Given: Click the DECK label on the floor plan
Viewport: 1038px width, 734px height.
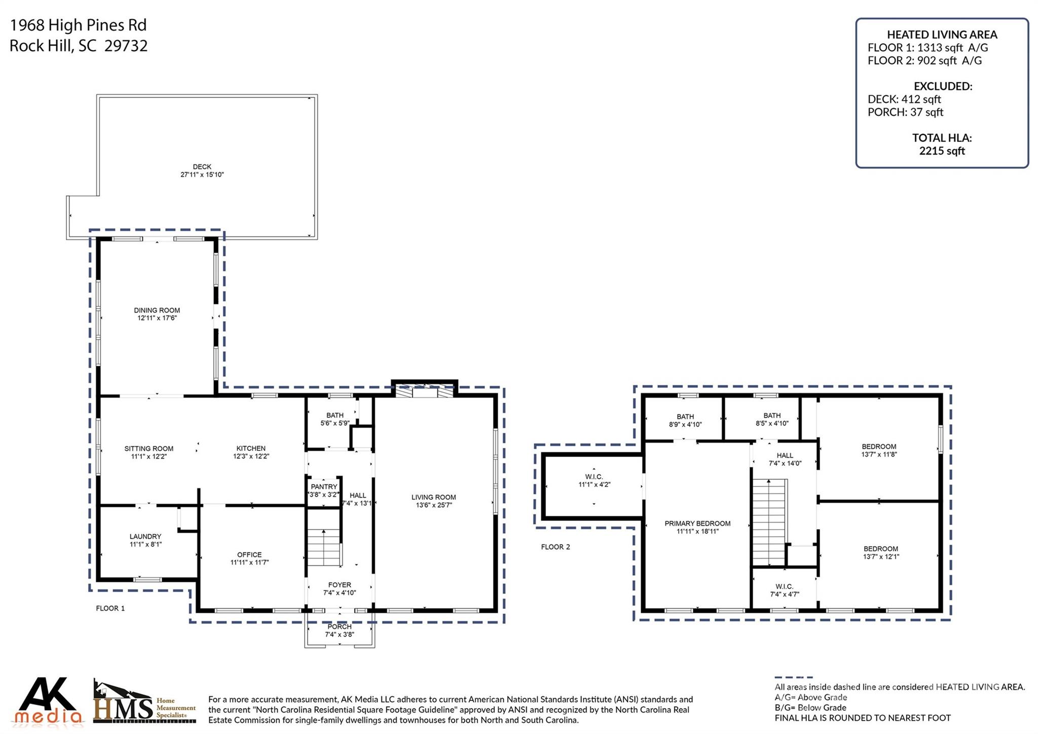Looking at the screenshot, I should pos(202,166).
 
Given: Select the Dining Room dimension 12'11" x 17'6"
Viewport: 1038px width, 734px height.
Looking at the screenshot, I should pos(157,318).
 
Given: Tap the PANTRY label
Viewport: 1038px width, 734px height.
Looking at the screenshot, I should pos(324,486).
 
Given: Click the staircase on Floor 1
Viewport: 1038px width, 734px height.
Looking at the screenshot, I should pos(324,547).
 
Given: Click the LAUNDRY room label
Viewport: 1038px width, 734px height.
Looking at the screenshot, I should pos(145,536).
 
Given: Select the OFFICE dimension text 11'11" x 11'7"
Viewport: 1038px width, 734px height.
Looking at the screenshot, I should pos(249,562).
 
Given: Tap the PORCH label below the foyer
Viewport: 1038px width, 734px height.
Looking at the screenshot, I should pos(339,626).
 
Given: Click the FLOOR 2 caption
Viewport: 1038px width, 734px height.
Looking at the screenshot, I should pos(555,547).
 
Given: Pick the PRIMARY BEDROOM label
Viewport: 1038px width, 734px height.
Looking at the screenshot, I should pos(697,523).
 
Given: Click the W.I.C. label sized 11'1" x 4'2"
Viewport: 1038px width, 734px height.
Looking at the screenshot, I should pos(594,477).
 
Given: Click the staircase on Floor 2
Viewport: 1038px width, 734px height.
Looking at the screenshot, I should pos(769,522).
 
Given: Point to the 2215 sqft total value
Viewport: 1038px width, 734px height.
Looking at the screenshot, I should pos(942,151).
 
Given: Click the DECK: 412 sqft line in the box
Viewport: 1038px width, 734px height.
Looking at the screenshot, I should pos(904,99).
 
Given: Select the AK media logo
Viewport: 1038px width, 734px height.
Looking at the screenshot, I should pos(49,701).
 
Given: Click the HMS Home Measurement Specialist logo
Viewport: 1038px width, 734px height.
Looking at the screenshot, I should pos(144,703).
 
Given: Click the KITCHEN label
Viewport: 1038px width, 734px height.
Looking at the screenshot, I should pos(251,448).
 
